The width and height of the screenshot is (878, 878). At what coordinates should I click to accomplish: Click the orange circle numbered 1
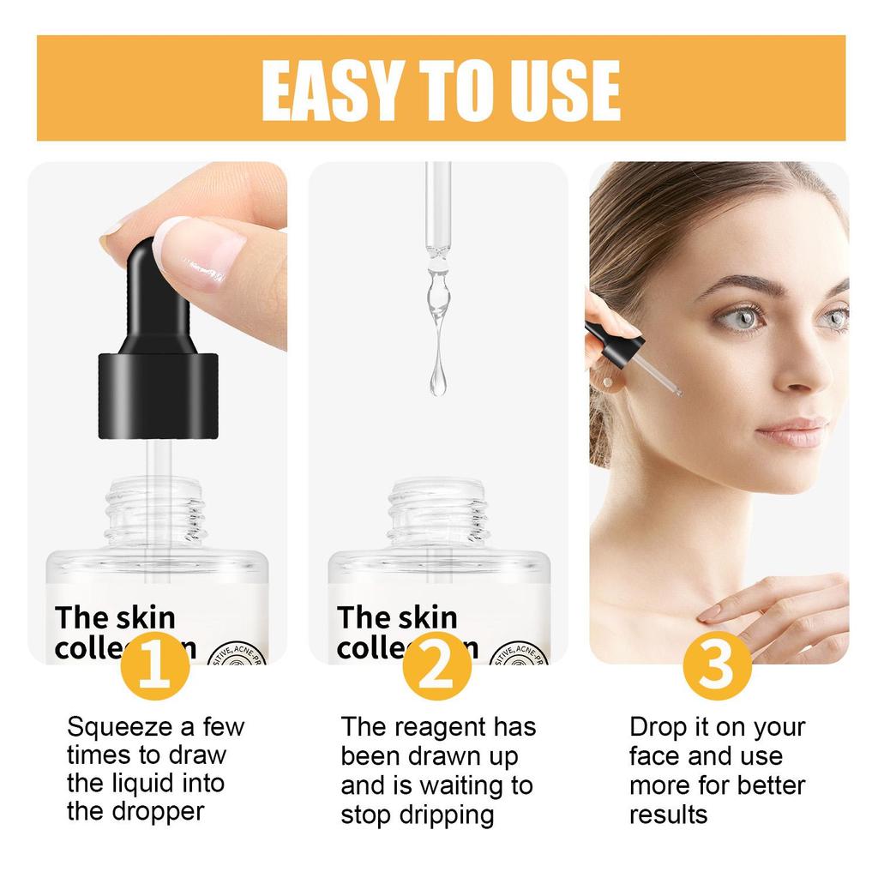[154, 665]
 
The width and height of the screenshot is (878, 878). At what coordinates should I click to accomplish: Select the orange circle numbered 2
[437, 665]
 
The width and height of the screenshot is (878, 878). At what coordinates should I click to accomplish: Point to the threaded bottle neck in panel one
[154, 512]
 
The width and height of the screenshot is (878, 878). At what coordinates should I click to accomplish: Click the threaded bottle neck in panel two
[438, 512]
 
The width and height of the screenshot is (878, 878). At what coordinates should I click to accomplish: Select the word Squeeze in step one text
[121, 728]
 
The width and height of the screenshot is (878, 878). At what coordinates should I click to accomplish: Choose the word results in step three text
[669, 814]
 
